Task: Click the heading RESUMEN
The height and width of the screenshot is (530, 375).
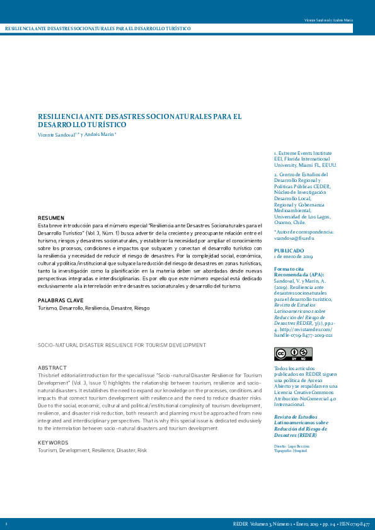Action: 51,217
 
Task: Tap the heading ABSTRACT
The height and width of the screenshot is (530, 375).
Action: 52,367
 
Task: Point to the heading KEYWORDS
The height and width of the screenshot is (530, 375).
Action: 53,443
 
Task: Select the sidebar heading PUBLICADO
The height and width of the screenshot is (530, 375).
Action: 289,250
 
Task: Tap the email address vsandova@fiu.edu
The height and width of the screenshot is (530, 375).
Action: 294,239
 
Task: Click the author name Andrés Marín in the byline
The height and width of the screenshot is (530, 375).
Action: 99,135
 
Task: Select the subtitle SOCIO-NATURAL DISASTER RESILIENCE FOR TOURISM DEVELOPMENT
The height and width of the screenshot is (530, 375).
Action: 122,345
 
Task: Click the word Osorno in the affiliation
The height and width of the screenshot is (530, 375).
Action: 283,222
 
